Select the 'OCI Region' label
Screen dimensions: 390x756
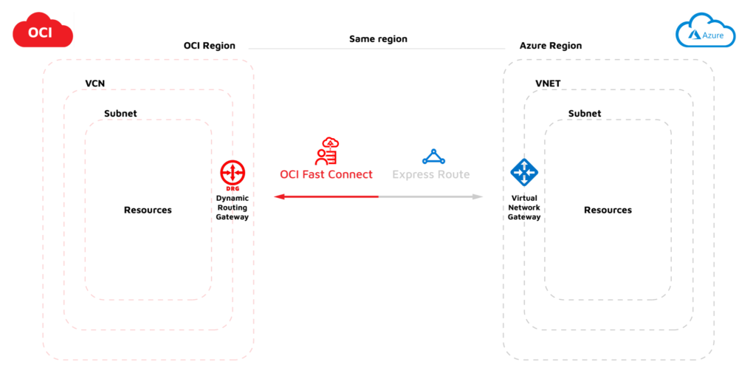pyautogui.click(x=209, y=46)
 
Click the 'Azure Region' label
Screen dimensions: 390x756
pyautogui.click(x=550, y=46)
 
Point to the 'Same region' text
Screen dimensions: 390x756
pyautogui.click(x=378, y=38)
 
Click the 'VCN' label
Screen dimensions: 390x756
pyautogui.click(x=95, y=83)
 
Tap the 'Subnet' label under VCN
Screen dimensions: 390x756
pyautogui.click(x=120, y=114)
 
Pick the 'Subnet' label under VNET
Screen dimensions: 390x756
pyautogui.click(x=584, y=114)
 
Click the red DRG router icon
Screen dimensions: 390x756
pyautogui.click(x=233, y=173)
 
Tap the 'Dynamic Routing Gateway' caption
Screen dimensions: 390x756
pyautogui.click(x=233, y=208)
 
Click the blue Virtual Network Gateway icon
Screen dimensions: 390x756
pyautogui.click(x=524, y=172)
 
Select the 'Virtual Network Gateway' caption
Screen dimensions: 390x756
pyautogui.click(x=524, y=208)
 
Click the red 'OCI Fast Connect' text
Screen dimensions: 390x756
pyautogui.click(x=326, y=175)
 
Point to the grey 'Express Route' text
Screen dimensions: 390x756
pyautogui.click(x=430, y=175)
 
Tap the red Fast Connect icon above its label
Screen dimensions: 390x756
pyautogui.click(x=326, y=151)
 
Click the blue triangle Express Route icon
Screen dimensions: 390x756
pyautogui.click(x=433, y=157)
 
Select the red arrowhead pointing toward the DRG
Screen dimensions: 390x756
pyautogui.click(x=278, y=196)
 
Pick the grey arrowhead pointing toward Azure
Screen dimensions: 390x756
pyautogui.click(x=478, y=196)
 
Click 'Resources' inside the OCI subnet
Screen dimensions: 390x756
pyautogui.click(x=148, y=211)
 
